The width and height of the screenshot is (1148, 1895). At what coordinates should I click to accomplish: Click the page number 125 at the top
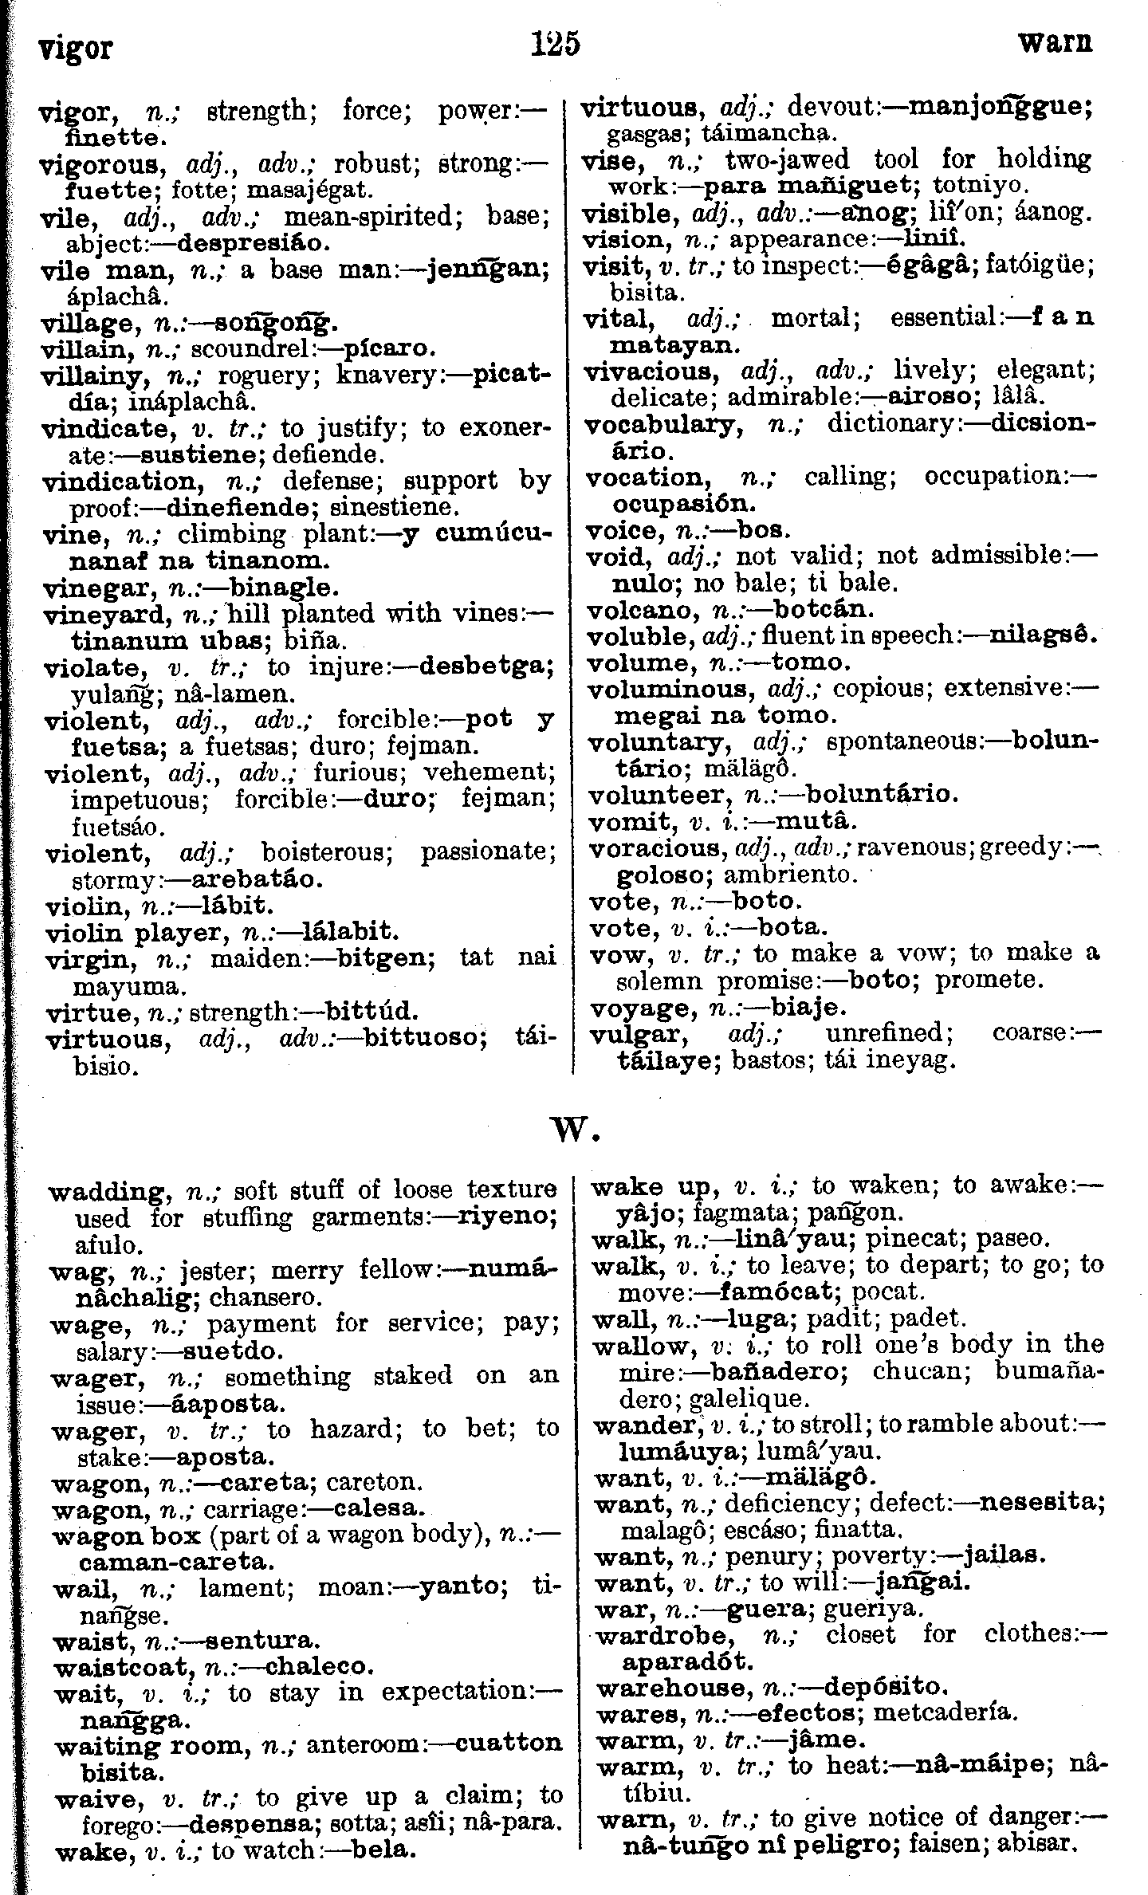[556, 44]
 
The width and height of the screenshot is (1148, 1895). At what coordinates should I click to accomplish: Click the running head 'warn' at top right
[1055, 43]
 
